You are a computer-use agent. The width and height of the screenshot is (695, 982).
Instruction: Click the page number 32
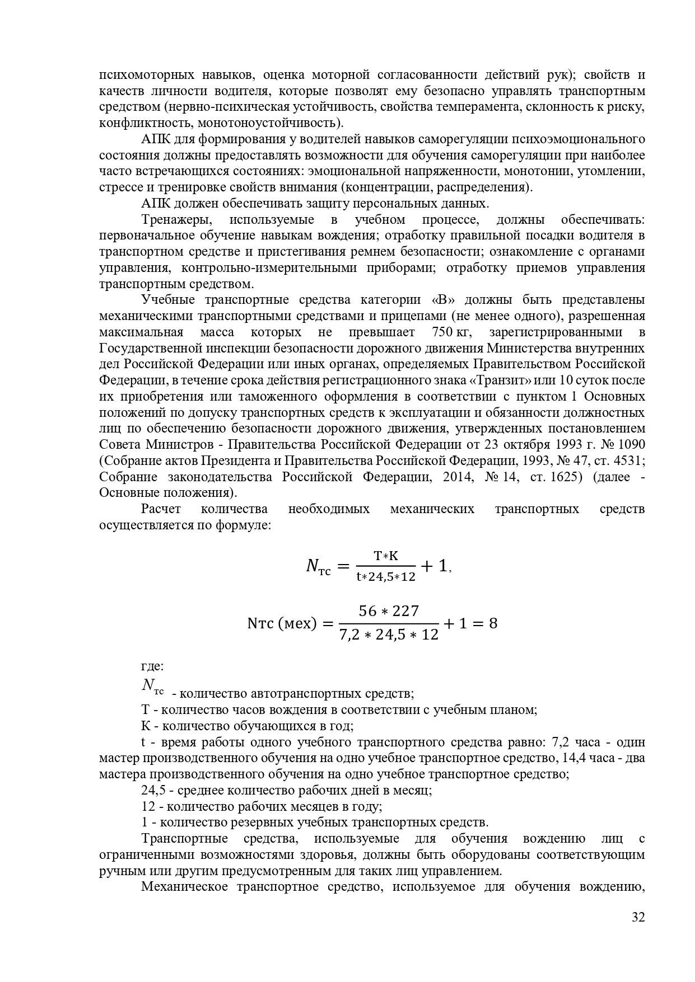point(638,933)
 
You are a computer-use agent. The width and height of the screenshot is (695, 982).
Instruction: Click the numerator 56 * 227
point(389,611)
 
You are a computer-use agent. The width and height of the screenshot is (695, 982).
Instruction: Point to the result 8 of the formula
point(493,623)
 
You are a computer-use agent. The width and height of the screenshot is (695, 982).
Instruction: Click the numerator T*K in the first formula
point(386,556)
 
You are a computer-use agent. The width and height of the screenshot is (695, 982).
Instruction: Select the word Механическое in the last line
point(184,887)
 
